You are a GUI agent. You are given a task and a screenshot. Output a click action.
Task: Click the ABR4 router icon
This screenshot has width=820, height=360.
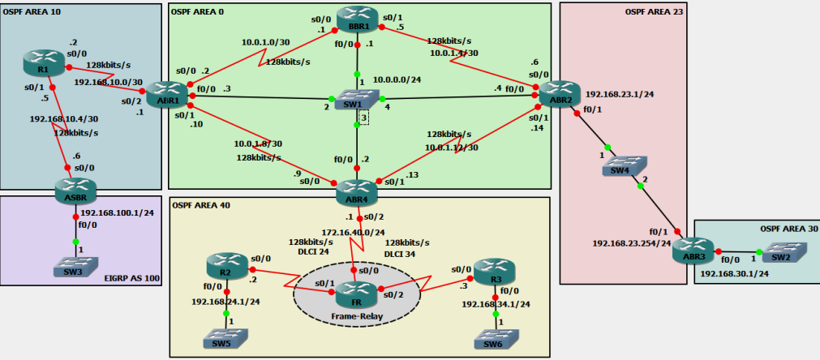click(x=358, y=191)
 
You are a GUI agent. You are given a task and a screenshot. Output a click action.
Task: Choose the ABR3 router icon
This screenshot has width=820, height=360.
click(x=693, y=251)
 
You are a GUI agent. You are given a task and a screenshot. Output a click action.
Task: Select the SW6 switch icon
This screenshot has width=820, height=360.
click(x=494, y=337)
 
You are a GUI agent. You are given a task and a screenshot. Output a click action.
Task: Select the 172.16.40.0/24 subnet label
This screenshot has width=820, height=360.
click(x=351, y=233)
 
